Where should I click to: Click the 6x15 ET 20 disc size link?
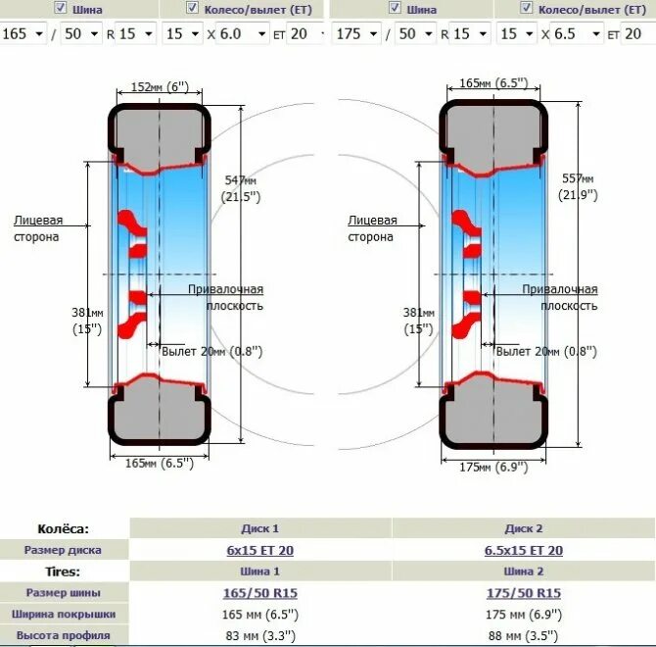click(259, 550)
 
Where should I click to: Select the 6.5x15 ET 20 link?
click(523, 550)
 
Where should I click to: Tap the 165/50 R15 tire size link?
click(259, 593)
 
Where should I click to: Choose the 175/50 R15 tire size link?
click(523, 593)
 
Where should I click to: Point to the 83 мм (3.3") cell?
click(259, 635)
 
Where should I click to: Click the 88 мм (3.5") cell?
click(523, 635)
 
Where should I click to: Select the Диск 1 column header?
click(259, 528)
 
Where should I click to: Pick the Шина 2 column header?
click(523, 572)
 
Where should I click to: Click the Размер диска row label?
click(63, 550)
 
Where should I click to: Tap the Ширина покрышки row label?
click(63, 614)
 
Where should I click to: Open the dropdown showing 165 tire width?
click(24, 33)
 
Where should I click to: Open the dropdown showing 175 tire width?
click(354, 33)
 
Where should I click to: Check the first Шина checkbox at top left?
click(61, 8)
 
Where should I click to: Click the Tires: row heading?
click(63, 572)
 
